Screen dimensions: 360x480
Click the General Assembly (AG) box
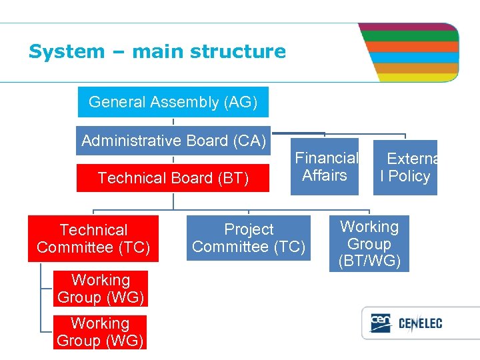pos(173,102)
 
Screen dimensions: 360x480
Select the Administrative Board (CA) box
pos(173,141)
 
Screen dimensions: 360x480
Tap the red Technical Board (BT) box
pos(173,178)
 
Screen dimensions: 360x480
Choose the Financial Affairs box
pos(325,167)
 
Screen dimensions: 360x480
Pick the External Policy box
pos(405,167)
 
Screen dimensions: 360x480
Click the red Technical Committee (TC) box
pos(93,239)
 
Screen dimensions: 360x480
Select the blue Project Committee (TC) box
pos(249,238)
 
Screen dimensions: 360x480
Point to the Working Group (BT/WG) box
pos(369,244)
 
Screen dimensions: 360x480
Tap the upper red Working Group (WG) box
pos(101,289)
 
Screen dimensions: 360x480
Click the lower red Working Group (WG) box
pos(100,332)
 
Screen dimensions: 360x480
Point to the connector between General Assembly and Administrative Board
pos(173,121)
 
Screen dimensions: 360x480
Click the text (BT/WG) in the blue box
pos(369,261)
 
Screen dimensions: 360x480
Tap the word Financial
pos(327,158)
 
